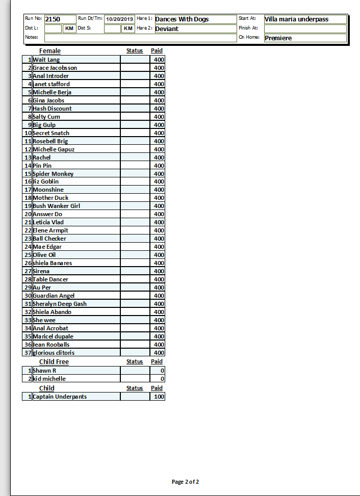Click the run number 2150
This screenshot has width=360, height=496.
coord(53,19)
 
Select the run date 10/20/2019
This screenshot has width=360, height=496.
coord(119,19)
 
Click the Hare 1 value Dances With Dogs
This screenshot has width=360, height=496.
coord(182,19)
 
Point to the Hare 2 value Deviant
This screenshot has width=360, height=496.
coord(167,29)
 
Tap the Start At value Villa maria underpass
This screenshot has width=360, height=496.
coord(296,19)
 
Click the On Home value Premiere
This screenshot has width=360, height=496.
coord(278,38)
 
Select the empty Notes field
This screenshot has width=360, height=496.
coord(140,38)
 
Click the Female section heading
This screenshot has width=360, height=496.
coord(50,50)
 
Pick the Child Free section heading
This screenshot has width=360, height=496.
coord(54,361)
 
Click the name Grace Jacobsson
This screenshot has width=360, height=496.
coord(55,68)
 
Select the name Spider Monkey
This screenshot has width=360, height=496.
coord(53,174)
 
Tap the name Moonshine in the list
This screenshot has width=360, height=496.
coord(48,190)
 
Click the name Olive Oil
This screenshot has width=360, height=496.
coord(44,255)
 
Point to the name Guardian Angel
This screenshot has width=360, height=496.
coord(54,296)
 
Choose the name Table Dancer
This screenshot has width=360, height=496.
coord(50,279)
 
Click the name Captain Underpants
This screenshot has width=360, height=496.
coord(60,397)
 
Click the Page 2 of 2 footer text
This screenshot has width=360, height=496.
coord(185,482)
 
